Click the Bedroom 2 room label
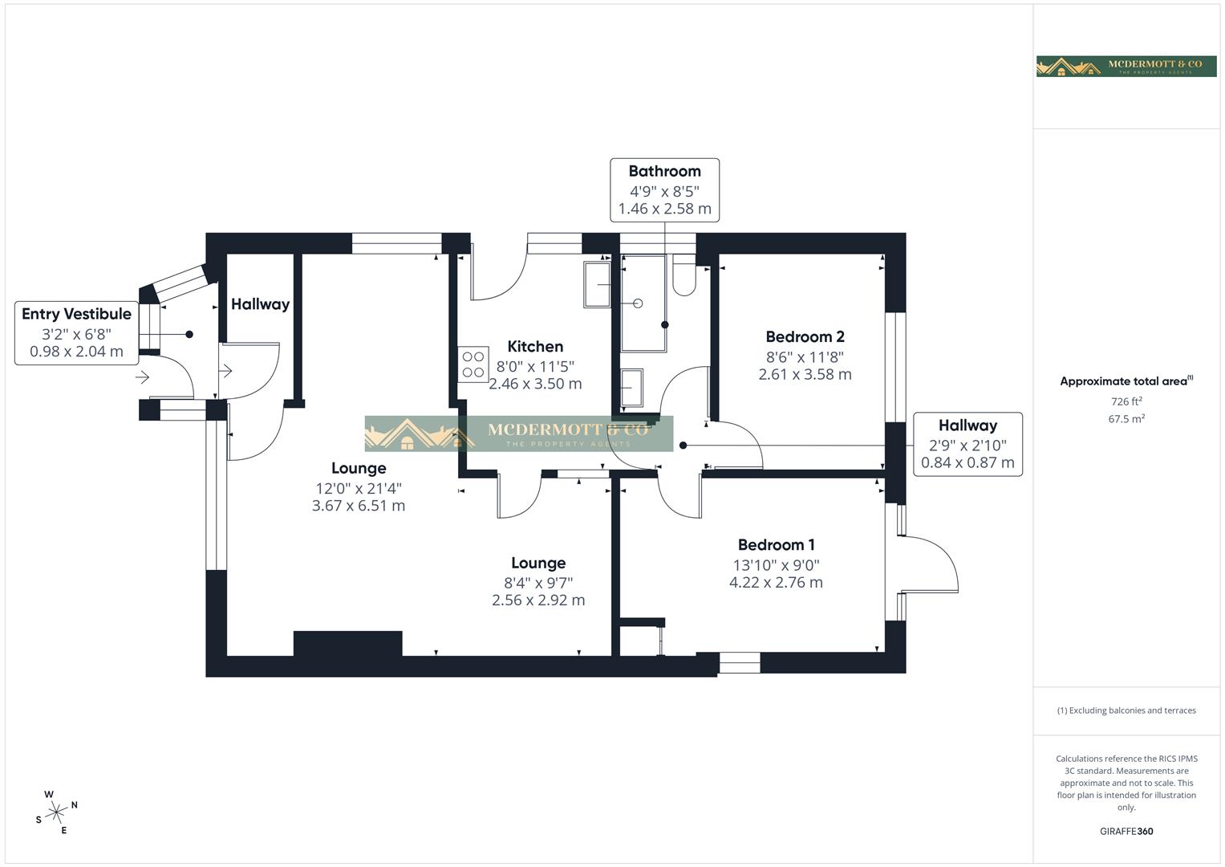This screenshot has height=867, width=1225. tap(805, 337)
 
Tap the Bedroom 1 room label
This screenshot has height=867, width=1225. tap(776, 545)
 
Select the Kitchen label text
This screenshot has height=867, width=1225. tap(535, 347)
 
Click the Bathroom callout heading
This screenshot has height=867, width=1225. tap(664, 171)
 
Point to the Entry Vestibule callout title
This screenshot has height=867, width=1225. tap(76, 314)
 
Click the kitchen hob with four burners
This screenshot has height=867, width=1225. tap(473, 364)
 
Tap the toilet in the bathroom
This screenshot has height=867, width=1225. tap(684, 275)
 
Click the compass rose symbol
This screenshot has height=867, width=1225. tap(56, 812)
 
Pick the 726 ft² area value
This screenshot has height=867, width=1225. tap(1126, 401)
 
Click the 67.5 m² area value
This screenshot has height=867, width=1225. tap(1126, 419)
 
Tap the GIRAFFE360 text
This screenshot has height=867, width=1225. tap(1126, 831)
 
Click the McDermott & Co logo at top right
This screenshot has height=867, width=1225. tap(1126, 66)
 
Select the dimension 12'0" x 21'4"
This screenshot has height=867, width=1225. tap(358, 488)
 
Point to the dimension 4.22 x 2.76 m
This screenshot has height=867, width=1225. tap(776, 583)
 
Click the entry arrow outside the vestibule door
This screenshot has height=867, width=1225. tap(143, 377)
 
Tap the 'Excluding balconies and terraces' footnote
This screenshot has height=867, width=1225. tap(1126, 710)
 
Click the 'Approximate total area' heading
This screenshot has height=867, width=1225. tap(1126, 381)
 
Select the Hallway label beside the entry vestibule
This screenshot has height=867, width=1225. tap(260, 304)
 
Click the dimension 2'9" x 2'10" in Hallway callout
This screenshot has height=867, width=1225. tap(967, 446)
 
